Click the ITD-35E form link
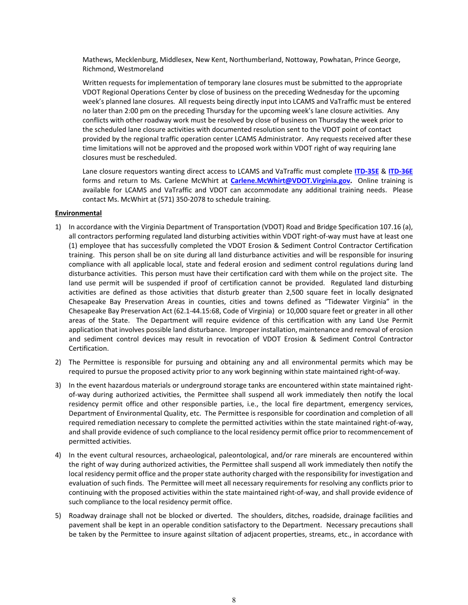coord(367,171)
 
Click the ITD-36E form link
coord(401,171)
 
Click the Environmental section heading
coord(78,213)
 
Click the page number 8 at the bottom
coord(234,600)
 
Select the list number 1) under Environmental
coord(58,227)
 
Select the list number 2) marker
coord(58,362)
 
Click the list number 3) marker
coord(58,385)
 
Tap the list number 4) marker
coord(58,455)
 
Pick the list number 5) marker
coord(58,515)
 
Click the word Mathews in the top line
coord(97,60)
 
